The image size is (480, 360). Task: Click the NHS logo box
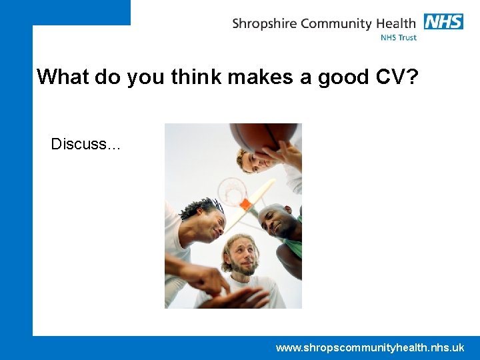(x=443, y=21)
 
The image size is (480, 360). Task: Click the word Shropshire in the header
(x=265, y=24)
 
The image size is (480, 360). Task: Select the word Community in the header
(x=335, y=24)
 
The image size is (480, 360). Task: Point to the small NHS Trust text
(x=398, y=38)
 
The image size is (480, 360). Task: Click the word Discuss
(x=85, y=144)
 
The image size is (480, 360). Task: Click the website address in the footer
(x=370, y=347)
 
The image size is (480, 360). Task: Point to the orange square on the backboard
(x=246, y=204)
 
